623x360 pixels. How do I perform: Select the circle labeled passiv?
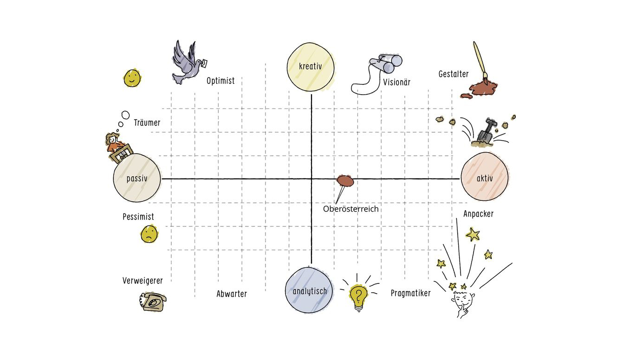coord(137,178)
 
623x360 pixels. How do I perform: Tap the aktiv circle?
coord(485,178)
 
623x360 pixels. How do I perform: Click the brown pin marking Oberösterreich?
coord(345,180)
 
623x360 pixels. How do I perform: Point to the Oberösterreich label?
coord(350,209)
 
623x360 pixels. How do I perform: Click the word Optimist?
coord(221,81)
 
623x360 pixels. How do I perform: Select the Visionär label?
coord(396,83)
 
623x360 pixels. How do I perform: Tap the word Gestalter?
coord(453,74)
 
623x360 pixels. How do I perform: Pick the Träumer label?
coord(147,123)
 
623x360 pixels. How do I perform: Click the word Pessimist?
coord(138,217)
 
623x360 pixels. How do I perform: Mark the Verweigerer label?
coord(143,281)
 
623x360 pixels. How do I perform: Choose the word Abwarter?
coord(232,294)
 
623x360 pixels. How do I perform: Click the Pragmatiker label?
coord(410,293)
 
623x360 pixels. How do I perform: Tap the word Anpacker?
coord(478,214)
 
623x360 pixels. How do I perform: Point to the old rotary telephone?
coord(152,302)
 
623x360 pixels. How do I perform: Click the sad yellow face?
coord(148,234)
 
